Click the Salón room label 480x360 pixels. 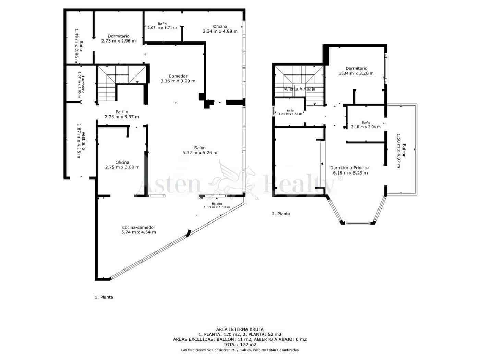(x=200, y=148)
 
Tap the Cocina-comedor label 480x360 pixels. (x=139, y=227)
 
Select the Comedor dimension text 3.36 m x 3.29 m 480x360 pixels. (x=178, y=81)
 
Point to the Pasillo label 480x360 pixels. (x=122, y=112)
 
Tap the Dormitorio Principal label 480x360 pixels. (x=350, y=168)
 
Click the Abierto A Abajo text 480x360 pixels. (x=299, y=89)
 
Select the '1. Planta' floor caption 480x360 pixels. (x=104, y=297)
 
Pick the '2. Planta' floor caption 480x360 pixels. (x=281, y=214)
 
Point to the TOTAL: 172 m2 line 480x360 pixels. (x=240, y=345)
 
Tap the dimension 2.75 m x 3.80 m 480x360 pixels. (x=122, y=167)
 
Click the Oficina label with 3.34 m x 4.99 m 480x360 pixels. (x=220, y=26)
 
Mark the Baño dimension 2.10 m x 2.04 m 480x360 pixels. (x=365, y=127)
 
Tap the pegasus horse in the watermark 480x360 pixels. (x=237, y=180)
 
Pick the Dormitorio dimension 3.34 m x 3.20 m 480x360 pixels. (x=356, y=73)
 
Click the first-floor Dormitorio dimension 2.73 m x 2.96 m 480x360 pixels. (x=118, y=41)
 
